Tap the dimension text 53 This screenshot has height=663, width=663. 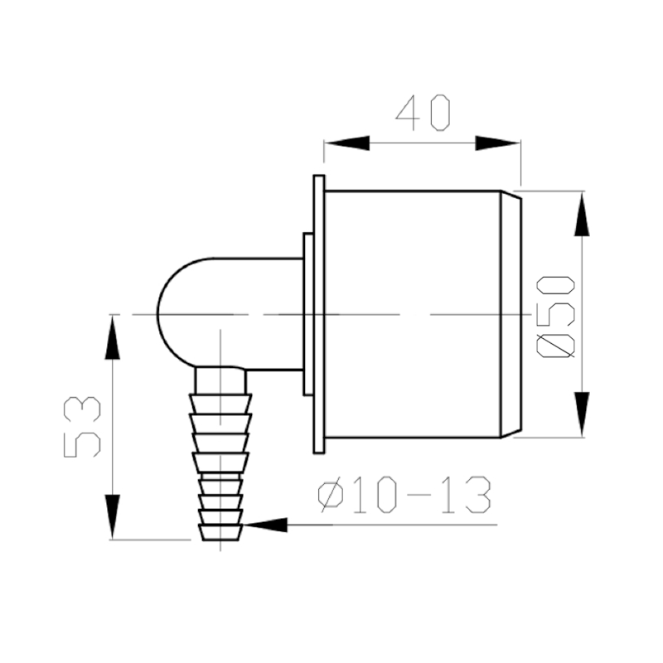point(84,426)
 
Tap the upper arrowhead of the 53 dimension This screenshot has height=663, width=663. point(111,336)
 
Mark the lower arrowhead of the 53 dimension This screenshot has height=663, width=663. point(111,517)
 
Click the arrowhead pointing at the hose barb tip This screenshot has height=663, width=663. point(265,525)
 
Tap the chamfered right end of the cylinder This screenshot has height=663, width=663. point(512,315)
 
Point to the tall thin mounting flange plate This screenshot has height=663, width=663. point(318,315)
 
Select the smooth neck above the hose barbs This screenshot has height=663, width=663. point(220,380)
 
